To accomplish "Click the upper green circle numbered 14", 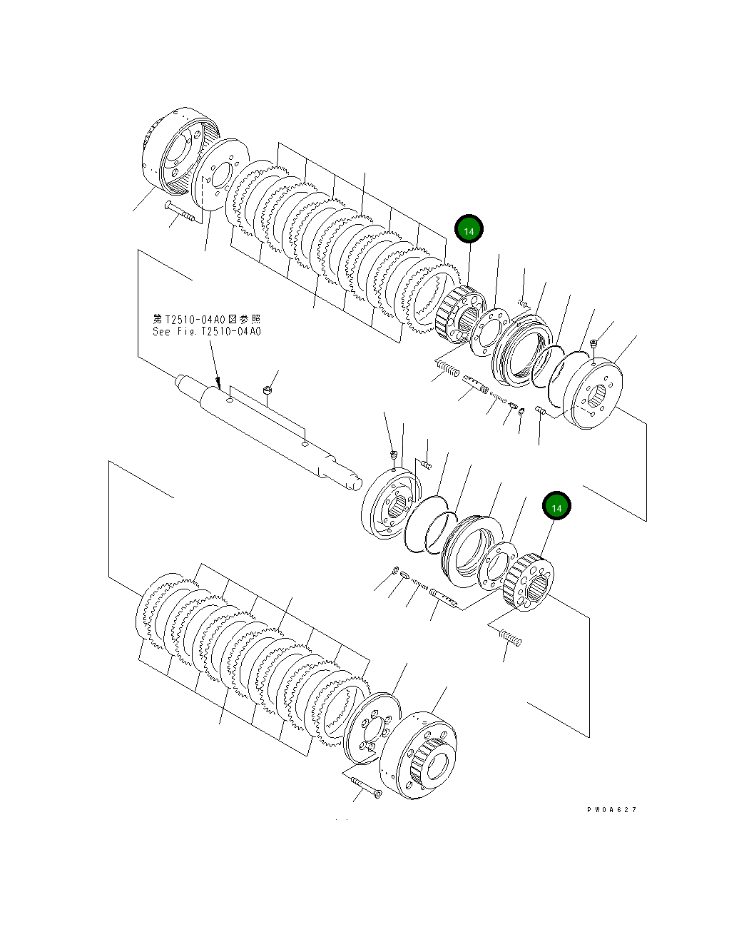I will point(469,231).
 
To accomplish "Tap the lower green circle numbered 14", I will point(556,507).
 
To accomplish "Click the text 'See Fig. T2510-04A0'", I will point(206,332).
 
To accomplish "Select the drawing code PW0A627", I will point(611,809).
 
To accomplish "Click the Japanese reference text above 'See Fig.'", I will point(207,319).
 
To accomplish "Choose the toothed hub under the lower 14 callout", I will point(528,581).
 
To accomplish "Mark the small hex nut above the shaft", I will point(267,390).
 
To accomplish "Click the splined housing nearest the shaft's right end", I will point(391,506).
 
